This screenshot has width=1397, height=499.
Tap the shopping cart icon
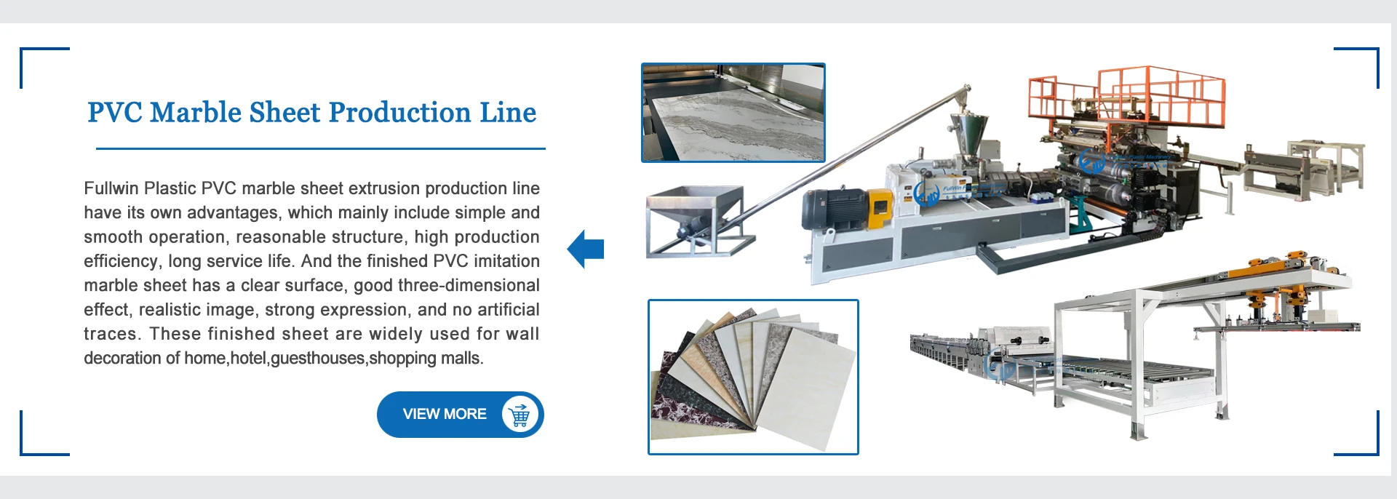520,415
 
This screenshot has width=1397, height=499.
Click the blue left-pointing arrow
586,249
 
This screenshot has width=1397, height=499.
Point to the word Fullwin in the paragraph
111,188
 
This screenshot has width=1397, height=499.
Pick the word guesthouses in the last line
318,359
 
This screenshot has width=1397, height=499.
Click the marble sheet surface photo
733,113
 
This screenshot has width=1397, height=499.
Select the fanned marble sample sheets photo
753,377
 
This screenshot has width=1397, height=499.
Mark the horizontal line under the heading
320,148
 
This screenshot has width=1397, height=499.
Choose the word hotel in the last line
248,359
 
